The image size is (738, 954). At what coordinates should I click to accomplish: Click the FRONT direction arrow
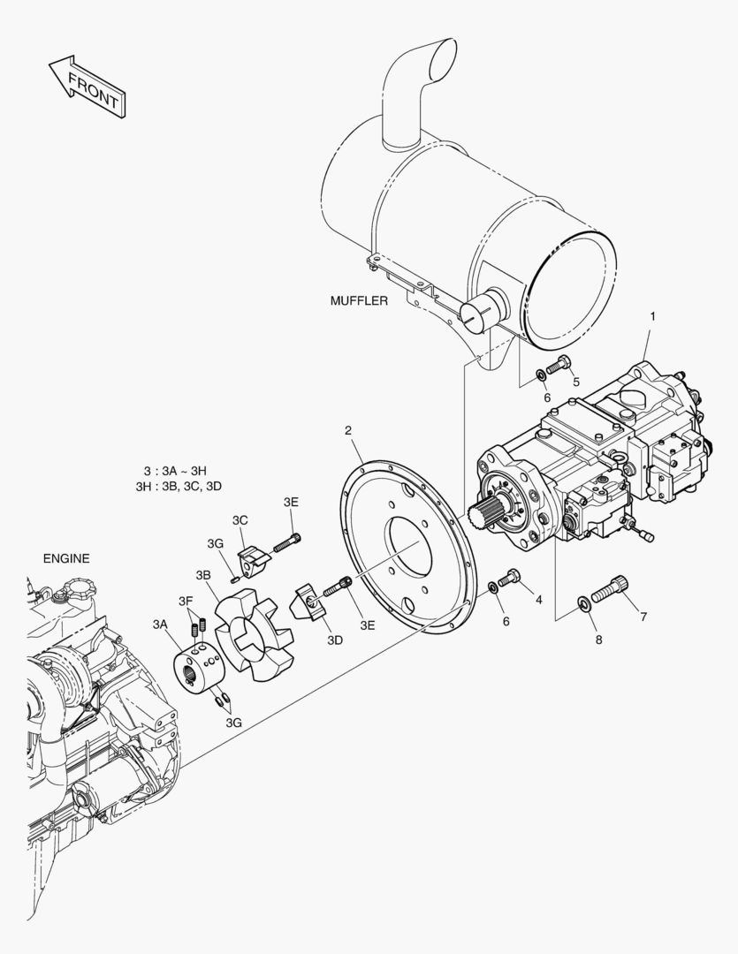coord(87,87)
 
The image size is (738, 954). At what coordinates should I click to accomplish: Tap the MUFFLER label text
coord(359,300)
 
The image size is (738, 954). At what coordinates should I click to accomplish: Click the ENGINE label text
coord(66,558)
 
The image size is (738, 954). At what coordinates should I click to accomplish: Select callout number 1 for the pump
coord(653,316)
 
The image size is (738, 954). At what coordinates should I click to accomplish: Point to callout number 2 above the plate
coord(348,431)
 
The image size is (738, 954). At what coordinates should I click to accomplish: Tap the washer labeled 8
coord(583,603)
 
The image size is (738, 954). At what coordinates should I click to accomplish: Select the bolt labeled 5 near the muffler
coord(558,367)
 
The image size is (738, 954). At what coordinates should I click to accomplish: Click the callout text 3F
coord(186,602)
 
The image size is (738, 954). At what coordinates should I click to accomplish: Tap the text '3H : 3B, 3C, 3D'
coord(179,487)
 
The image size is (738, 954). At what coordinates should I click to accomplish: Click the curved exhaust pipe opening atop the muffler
coord(443,60)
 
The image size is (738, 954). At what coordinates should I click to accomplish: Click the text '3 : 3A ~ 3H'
coord(175,471)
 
